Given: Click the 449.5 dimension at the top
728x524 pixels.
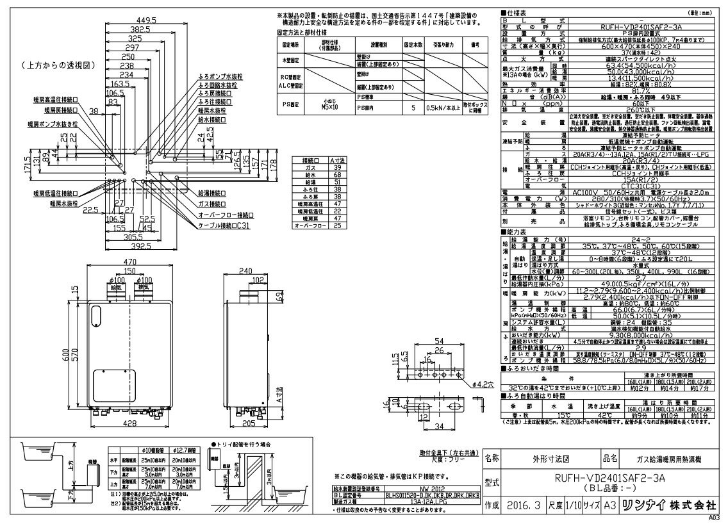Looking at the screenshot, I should click(x=149, y=20).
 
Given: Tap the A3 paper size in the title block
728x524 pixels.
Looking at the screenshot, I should click(x=611, y=504).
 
